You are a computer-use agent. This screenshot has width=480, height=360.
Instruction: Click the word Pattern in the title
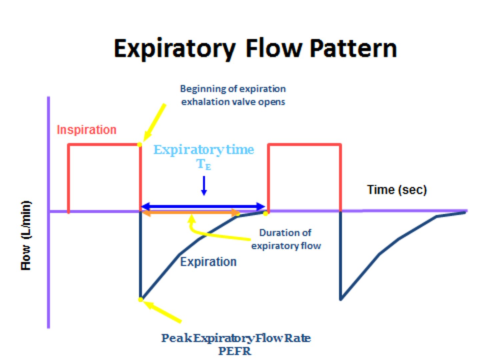353,49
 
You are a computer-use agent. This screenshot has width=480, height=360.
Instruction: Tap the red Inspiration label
87,130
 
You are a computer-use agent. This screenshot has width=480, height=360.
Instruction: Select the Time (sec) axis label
397,190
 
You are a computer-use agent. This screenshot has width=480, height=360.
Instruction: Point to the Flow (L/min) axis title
26,235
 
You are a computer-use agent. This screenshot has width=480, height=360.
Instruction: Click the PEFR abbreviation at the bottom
235,351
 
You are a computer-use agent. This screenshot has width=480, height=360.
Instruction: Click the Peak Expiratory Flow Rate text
236,338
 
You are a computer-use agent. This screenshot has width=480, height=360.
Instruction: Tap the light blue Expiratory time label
204,150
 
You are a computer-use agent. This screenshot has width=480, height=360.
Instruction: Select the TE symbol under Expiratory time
204,164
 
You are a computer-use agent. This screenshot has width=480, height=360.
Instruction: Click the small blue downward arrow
204,186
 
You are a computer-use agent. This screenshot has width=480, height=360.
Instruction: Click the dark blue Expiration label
208,262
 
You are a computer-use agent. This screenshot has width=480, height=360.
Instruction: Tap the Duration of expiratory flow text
286,239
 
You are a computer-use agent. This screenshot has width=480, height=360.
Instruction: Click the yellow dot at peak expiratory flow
141,299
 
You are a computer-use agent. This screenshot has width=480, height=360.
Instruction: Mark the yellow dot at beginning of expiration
140,144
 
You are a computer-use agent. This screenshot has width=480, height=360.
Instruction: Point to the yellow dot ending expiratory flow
265,213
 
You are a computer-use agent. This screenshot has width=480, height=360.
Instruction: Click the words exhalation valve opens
233,102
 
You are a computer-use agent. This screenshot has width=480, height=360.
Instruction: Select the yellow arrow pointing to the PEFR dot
163,312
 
